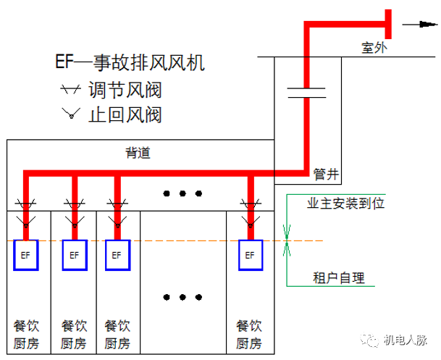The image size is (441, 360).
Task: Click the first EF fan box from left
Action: click(x=26, y=255)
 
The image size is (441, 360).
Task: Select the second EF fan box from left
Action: click(x=74, y=255)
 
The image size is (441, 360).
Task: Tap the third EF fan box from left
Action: click(x=117, y=255)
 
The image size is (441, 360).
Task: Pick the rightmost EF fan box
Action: click(x=251, y=255)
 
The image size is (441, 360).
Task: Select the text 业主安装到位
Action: click(x=346, y=203)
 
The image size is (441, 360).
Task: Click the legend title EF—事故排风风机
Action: click(x=130, y=64)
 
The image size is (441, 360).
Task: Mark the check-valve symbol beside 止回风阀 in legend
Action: click(x=70, y=114)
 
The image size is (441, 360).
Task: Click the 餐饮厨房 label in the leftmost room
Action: click(x=28, y=334)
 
